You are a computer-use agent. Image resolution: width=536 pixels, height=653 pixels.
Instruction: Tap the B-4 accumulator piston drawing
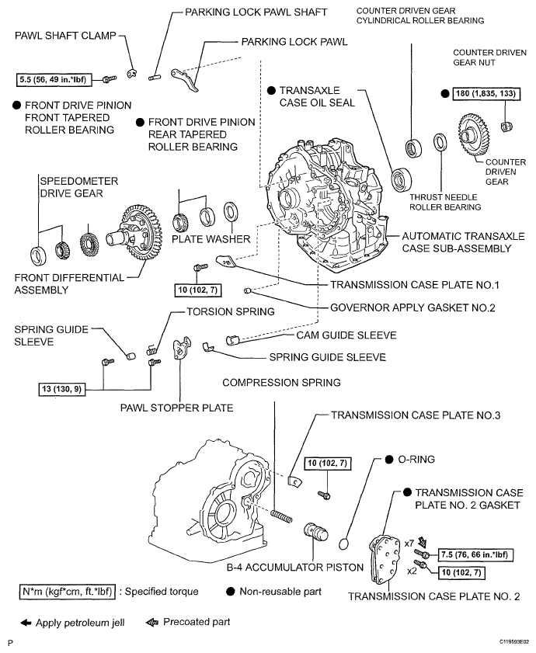(x=318, y=536)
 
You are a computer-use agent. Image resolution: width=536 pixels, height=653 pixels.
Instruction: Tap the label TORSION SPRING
(x=231, y=311)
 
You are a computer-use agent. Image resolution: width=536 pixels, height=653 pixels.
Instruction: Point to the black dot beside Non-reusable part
(x=231, y=592)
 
